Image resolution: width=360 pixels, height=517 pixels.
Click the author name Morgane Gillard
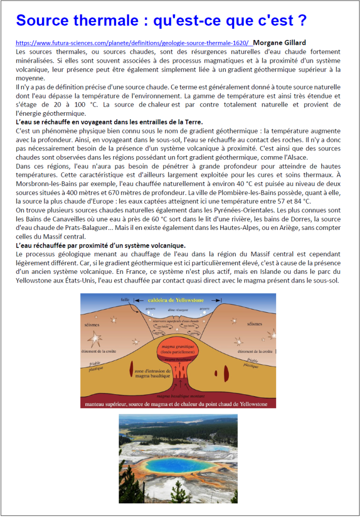[x=279, y=42]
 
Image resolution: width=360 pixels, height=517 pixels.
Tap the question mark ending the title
[x=302, y=21]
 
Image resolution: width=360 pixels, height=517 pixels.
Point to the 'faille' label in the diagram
[x=125, y=300]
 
